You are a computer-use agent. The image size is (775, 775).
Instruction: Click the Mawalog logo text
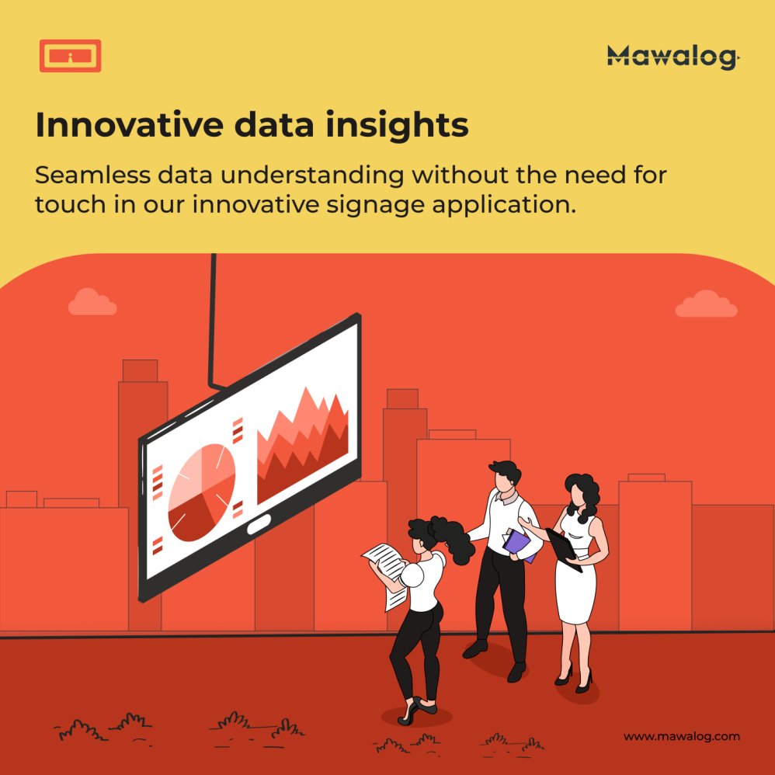(x=672, y=57)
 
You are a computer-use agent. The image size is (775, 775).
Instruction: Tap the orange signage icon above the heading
(x=70, y=56)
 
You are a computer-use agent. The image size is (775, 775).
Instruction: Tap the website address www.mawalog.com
(x=682, y=736)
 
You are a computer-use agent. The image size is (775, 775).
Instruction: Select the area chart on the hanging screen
(x=302, y=446)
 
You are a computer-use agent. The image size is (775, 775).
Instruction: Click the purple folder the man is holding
(x=519, y=544)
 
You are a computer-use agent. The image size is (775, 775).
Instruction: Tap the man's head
(x=505, y=476)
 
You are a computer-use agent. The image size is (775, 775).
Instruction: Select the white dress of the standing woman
(x=576, y=575)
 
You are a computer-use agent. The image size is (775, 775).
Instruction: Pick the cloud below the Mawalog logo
(x=705, y=304)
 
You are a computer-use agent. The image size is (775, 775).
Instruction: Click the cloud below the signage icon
(x=92, y=302)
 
